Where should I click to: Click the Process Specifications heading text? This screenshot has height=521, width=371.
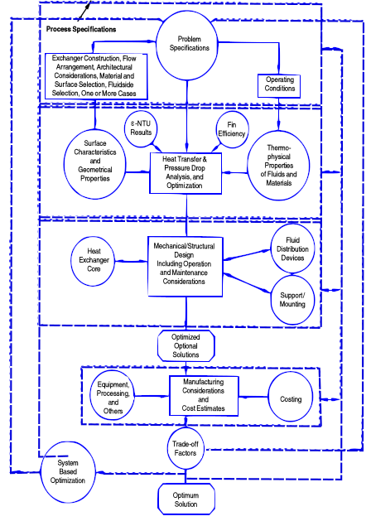[x=81, y=29]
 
